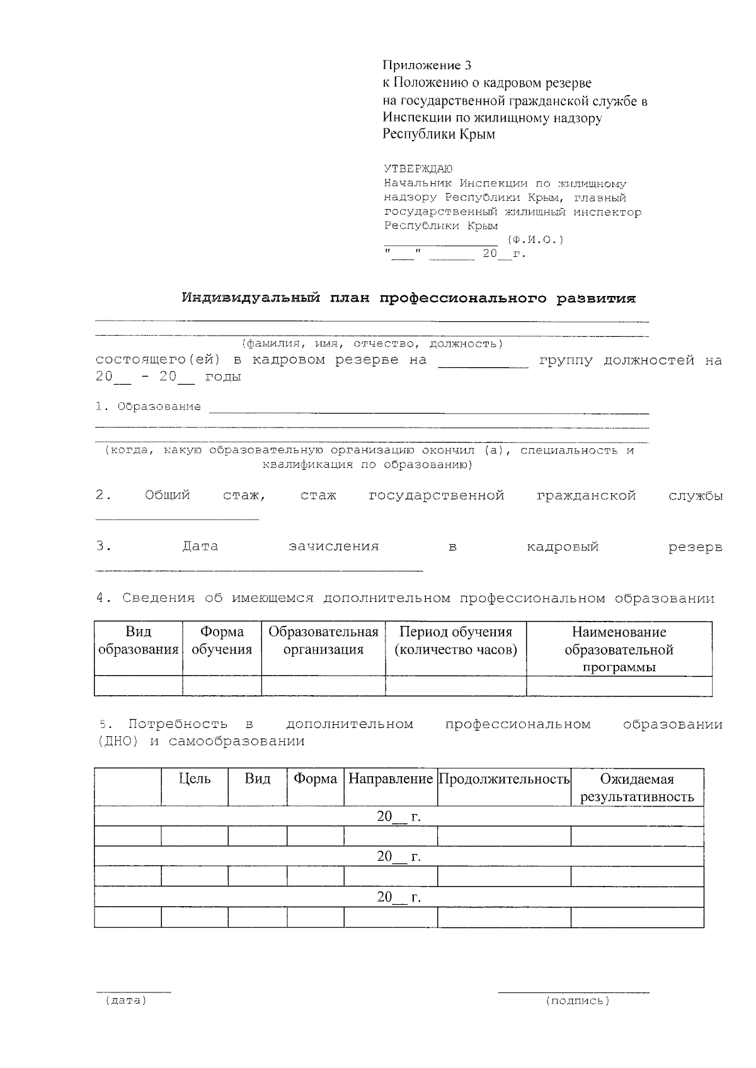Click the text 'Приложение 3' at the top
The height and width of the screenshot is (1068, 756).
(427, 65)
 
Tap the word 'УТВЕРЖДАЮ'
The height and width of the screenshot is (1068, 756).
(418, 169)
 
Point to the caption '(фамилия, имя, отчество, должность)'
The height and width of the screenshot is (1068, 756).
(372, 344)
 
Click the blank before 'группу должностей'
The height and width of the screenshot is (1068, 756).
(483, 361)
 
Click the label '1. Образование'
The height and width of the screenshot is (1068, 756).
(149, 407)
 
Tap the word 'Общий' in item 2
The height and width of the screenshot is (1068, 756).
(167, 496)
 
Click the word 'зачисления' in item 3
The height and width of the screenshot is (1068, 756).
(333, 547)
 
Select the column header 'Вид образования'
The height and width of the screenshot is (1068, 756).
(138, 640)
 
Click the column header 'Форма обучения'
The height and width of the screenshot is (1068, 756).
(222, 640)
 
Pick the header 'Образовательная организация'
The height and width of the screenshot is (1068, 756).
(323, 640)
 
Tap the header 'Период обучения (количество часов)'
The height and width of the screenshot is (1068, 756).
(455, 640)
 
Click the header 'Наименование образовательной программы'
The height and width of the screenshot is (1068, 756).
(619, 649)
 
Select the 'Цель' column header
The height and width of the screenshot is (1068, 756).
(195, 779)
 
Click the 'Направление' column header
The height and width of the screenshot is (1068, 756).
(391, 779)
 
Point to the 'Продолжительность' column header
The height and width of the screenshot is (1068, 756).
(504, 779)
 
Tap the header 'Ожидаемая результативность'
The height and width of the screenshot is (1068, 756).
(637, 788)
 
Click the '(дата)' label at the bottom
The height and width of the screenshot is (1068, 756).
(126, 1000)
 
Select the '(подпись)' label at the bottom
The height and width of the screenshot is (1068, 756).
(578, 1000)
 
